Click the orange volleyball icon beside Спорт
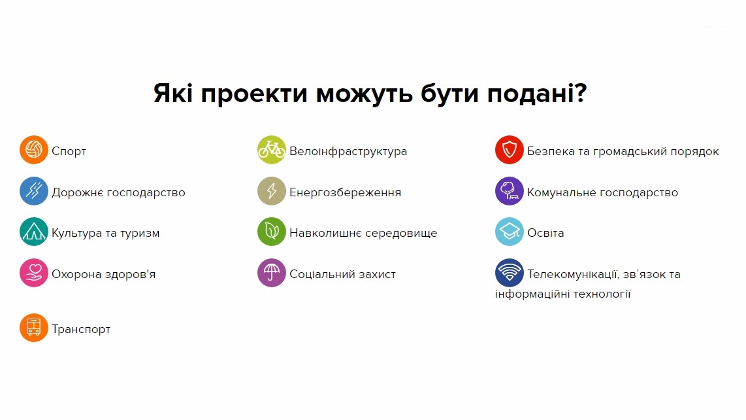pos(34,150)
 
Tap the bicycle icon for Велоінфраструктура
pos(272,150)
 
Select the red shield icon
pos(509,150)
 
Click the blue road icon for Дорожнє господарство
pos(34,190)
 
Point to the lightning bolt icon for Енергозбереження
pos(272,190)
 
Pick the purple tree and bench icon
pos(509,190)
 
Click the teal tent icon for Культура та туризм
pos(34,232)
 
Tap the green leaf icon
pos(272,232)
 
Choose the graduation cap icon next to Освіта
pos(509,232)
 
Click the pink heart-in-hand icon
pos(34,273)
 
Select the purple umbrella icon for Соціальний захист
pos(272,273)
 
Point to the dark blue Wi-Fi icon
pos(509,273)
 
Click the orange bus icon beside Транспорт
pos(34,328)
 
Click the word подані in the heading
pos(537,94)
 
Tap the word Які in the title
pos(172,92)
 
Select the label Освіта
pos(545,233)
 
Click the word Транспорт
pos(81,330)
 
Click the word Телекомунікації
pos(574,275)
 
